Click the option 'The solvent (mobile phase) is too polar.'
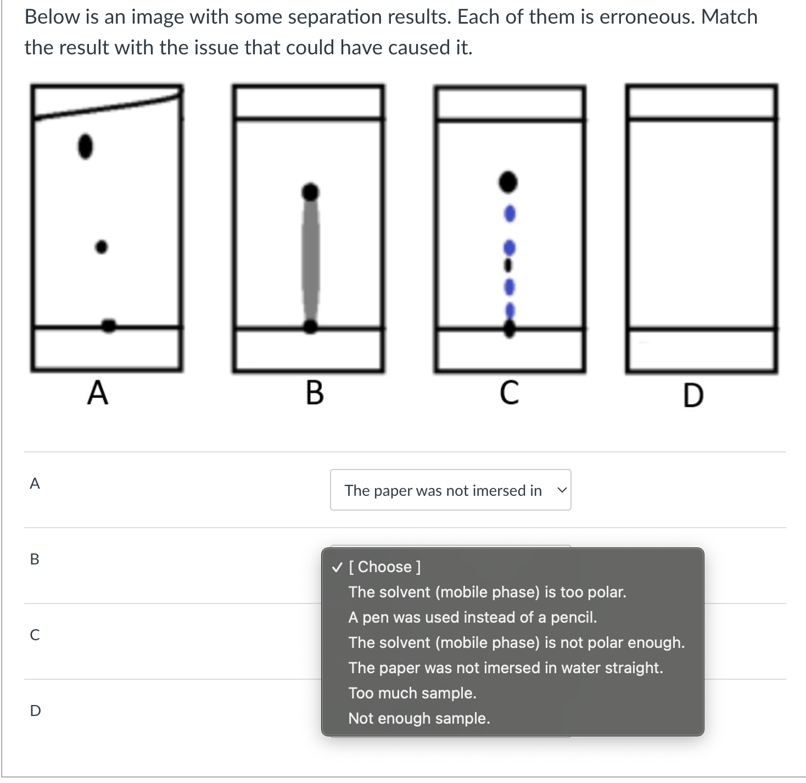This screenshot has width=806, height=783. [487, 592]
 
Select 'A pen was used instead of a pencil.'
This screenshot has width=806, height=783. [473, 617]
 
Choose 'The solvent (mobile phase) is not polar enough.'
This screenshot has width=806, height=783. [517, 642]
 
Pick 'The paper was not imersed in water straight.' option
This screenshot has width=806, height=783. [506, 668]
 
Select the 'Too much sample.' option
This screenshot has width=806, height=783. [412, 693]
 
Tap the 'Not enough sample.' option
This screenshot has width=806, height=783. [419, 718]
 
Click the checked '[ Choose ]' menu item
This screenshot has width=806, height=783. [385, 567]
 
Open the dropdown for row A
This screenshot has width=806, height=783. [450, 490]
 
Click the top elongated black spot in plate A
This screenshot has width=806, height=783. [85, 146]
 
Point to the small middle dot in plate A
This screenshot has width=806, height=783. [102, 247]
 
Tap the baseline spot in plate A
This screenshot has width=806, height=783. [109, 326]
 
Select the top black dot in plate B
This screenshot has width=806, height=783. [311, 192]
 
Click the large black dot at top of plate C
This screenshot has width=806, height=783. [508, 182]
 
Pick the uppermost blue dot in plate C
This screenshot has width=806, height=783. [510, 214]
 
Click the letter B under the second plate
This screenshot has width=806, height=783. [315, 393]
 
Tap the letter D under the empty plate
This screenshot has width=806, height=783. [693, 396]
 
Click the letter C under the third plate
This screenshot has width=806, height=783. [510, 393]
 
